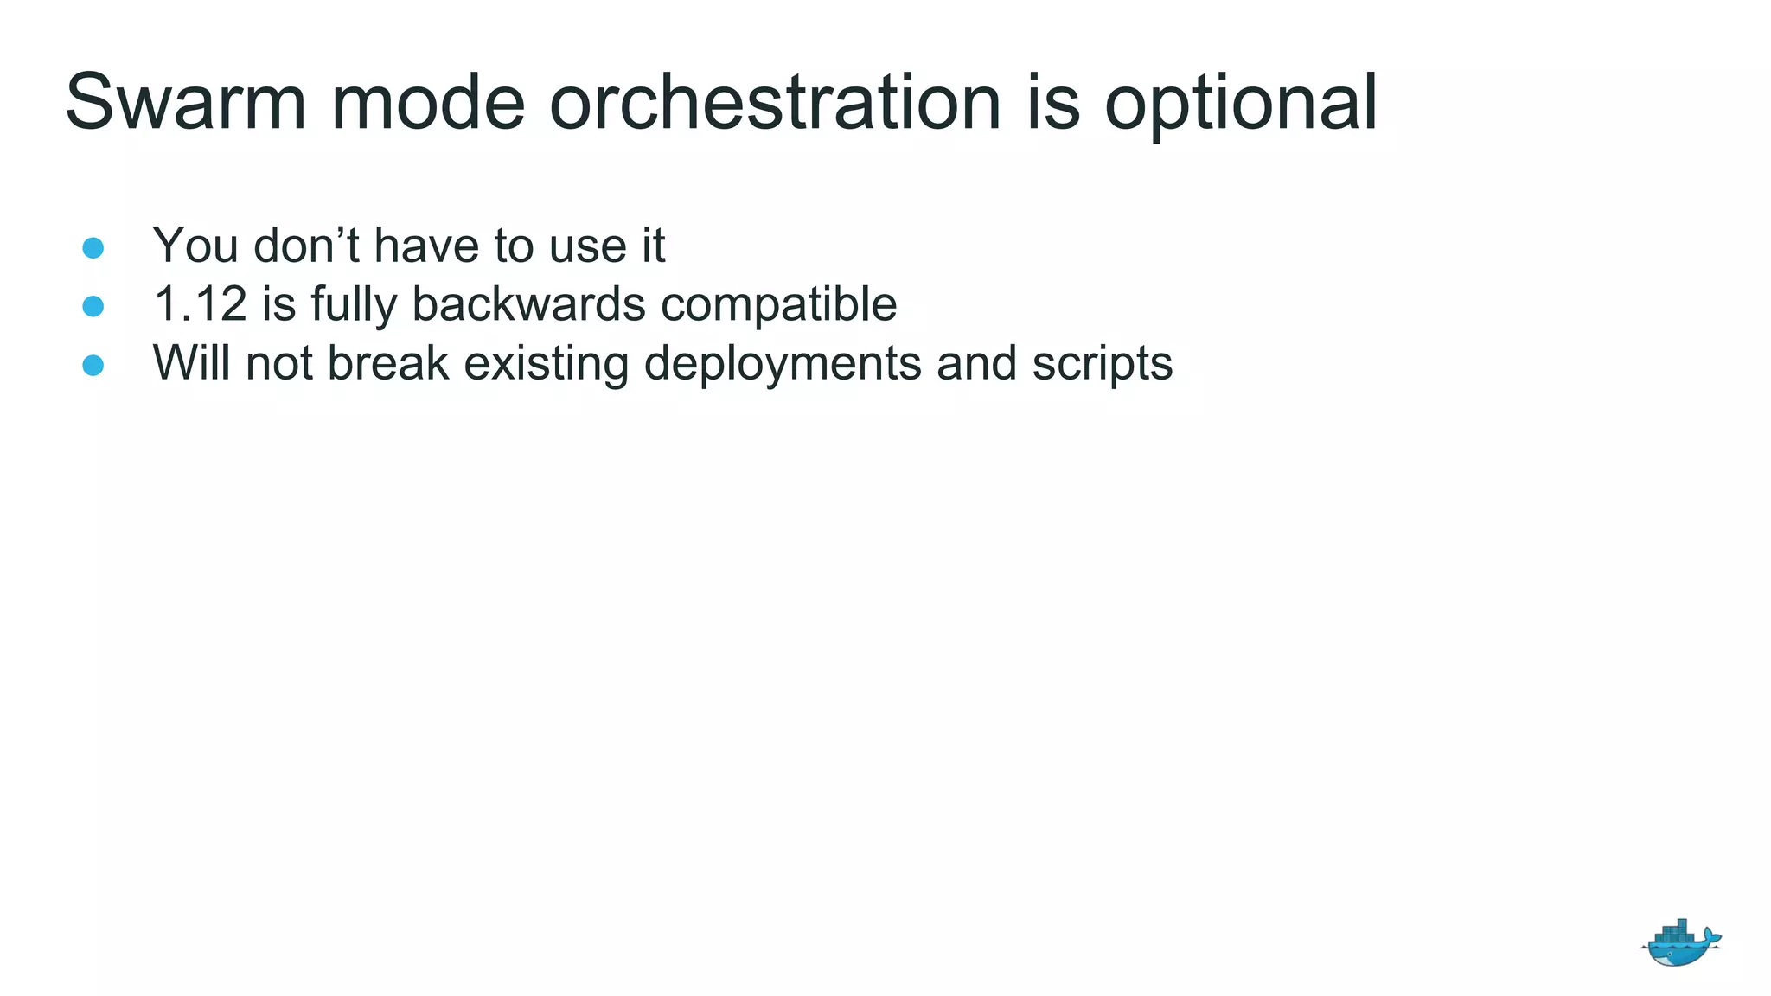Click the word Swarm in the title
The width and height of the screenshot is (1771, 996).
pos(185,102)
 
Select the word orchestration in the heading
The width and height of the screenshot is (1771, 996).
pos(775,102)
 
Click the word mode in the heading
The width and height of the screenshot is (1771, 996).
pos(428,102)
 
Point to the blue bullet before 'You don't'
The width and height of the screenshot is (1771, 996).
pos(93,248)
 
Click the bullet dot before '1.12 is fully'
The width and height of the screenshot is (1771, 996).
pos(93,306)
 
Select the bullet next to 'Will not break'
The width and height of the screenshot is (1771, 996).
pos(93,365)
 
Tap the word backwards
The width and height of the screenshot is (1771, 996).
pos(528,304)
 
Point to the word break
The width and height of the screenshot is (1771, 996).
pos(388,363)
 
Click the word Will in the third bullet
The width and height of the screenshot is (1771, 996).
pos(191,363)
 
